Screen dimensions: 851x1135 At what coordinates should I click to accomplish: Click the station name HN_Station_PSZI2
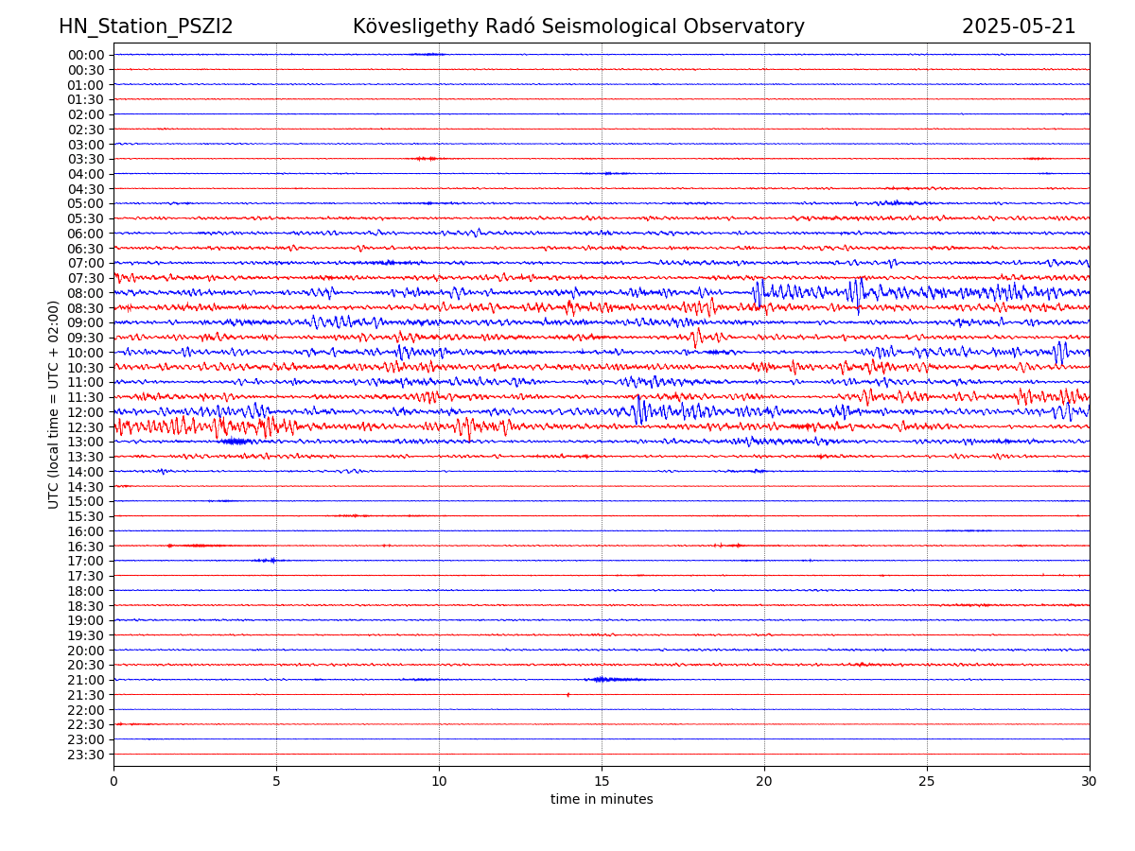pos(146,26)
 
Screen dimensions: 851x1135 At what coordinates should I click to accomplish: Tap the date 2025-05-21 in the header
pos(1019,26)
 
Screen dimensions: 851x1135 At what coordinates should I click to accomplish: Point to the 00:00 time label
pos(86,55)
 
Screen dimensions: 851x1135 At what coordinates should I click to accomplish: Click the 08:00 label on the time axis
pos(86,293)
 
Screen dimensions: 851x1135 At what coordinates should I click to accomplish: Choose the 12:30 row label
pos(86,427)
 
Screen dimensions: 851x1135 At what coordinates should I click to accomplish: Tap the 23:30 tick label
pos(86,755)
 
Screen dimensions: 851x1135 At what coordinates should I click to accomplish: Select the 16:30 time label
pos(86,547)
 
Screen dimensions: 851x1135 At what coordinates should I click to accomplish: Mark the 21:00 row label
pos(86,680)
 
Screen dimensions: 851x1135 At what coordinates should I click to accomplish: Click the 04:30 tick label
pos(86,189)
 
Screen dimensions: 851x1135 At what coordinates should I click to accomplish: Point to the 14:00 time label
pos(86,472)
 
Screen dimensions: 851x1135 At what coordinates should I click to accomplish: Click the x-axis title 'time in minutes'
pos(602,800)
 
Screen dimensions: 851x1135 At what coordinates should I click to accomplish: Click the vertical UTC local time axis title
pos(54,405)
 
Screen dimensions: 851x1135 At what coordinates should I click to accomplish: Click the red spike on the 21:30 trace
pos(567,694)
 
